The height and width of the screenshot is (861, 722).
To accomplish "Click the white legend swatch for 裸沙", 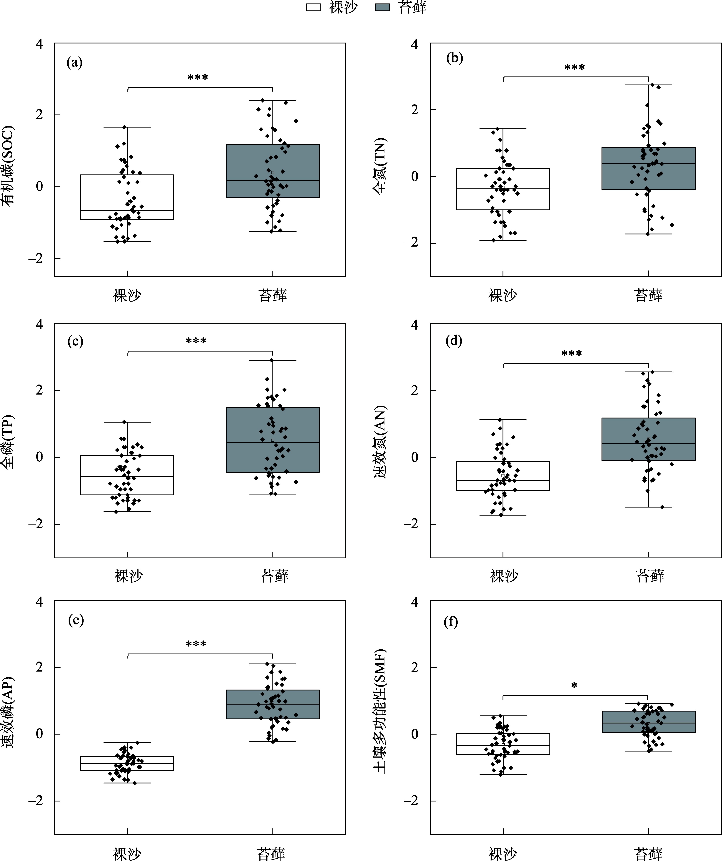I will [314, 7].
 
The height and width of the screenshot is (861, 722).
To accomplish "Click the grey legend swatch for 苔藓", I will [382, 7].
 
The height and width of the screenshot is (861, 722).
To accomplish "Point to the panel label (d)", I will [454, 341].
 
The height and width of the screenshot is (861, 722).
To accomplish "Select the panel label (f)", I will [451, 622].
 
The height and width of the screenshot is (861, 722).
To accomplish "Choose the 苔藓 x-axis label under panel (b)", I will [648, 295].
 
